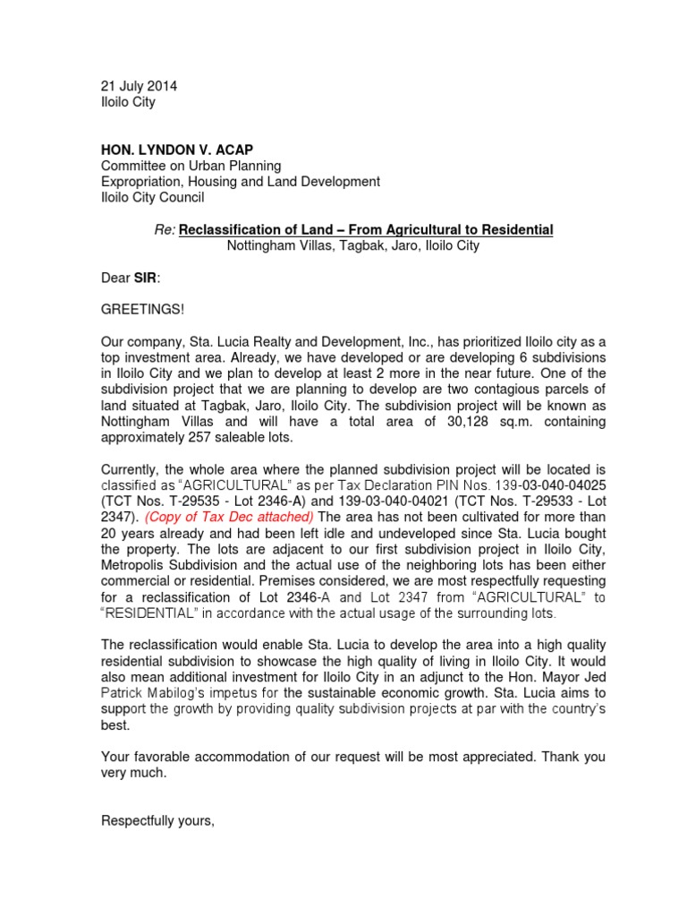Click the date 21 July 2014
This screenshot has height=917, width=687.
point(139,86)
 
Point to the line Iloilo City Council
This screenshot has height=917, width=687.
point(152,198)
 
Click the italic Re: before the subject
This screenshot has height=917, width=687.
point(165,230)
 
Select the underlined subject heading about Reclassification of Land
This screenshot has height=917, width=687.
point(366,230)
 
